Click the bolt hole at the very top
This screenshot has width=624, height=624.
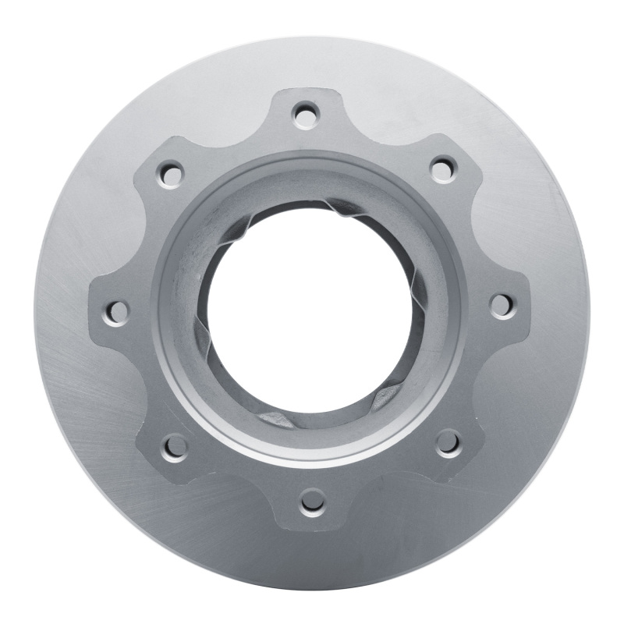[305, 115]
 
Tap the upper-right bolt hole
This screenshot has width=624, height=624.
[442, 166]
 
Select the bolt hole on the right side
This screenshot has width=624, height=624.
[500, 303]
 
